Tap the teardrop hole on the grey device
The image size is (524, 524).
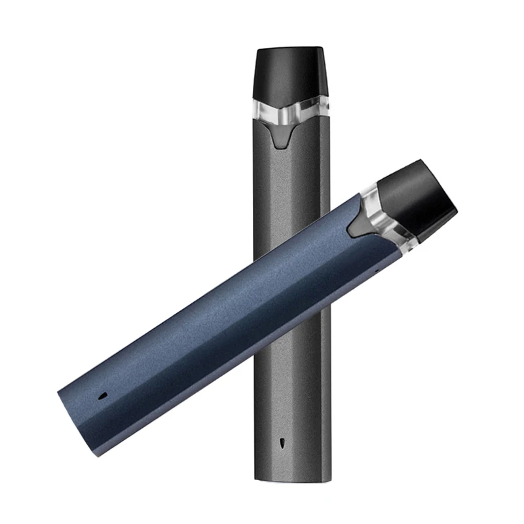coord(283,441)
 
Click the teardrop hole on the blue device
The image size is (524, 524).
coord(103,396)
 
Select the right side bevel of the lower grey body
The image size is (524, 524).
coord(325,393)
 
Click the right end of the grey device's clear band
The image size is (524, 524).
coord(326,108)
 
